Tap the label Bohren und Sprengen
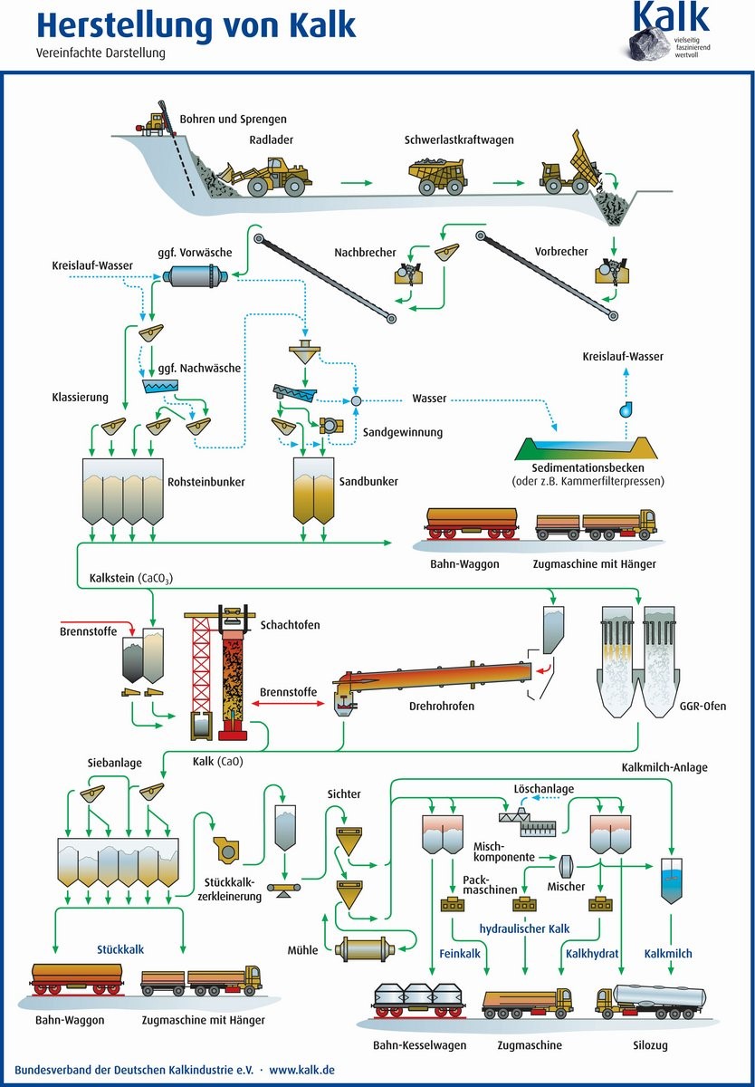click(233, 119)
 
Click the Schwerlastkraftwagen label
click(459, 140)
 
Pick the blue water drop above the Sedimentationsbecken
click(626, 409)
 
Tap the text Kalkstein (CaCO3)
click(131, 578)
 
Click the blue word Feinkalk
click(459, 954)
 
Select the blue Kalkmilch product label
click(669, 954)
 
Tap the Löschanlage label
click(543, 789)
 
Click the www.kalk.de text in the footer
click(302, 1070)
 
